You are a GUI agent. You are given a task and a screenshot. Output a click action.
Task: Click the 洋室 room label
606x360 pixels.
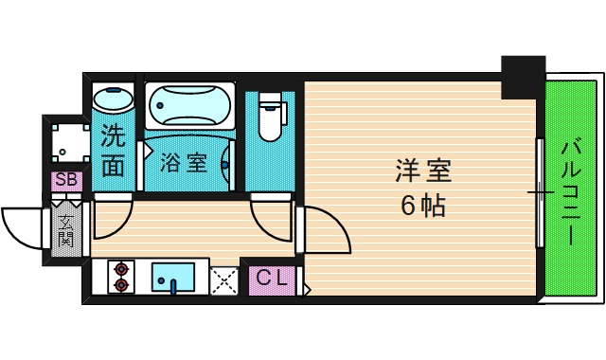[423, 172]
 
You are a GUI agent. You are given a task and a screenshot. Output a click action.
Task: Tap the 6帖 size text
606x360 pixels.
[423, 205]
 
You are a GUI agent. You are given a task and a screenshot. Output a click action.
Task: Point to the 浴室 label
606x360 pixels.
[184, 162]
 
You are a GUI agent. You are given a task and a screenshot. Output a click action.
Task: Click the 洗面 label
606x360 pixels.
[113, 152]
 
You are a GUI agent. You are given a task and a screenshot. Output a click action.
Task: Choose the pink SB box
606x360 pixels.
[66, 180]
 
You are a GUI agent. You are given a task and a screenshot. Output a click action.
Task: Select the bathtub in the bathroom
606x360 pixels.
[189, 105]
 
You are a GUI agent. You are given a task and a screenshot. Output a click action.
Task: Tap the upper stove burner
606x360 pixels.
[121, 268]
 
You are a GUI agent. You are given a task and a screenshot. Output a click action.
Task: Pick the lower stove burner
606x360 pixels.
[121, 283]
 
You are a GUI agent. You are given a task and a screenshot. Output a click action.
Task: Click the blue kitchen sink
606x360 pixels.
[173, 277]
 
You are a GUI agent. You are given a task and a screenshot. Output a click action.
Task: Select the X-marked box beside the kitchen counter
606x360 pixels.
[224, 279]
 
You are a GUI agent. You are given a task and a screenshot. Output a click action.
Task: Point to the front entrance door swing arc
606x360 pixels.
[21, 227]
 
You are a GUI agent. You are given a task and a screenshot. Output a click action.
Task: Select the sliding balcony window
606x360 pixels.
[541, 192]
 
